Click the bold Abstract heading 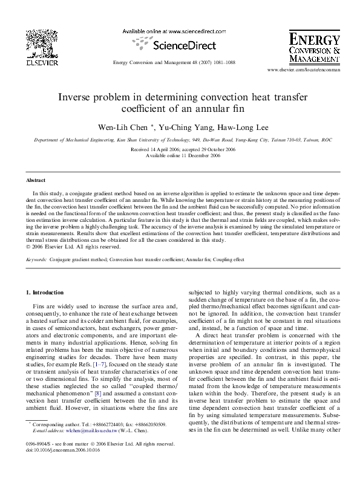tap(36, 180)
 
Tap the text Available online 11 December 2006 tap(180, 154)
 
